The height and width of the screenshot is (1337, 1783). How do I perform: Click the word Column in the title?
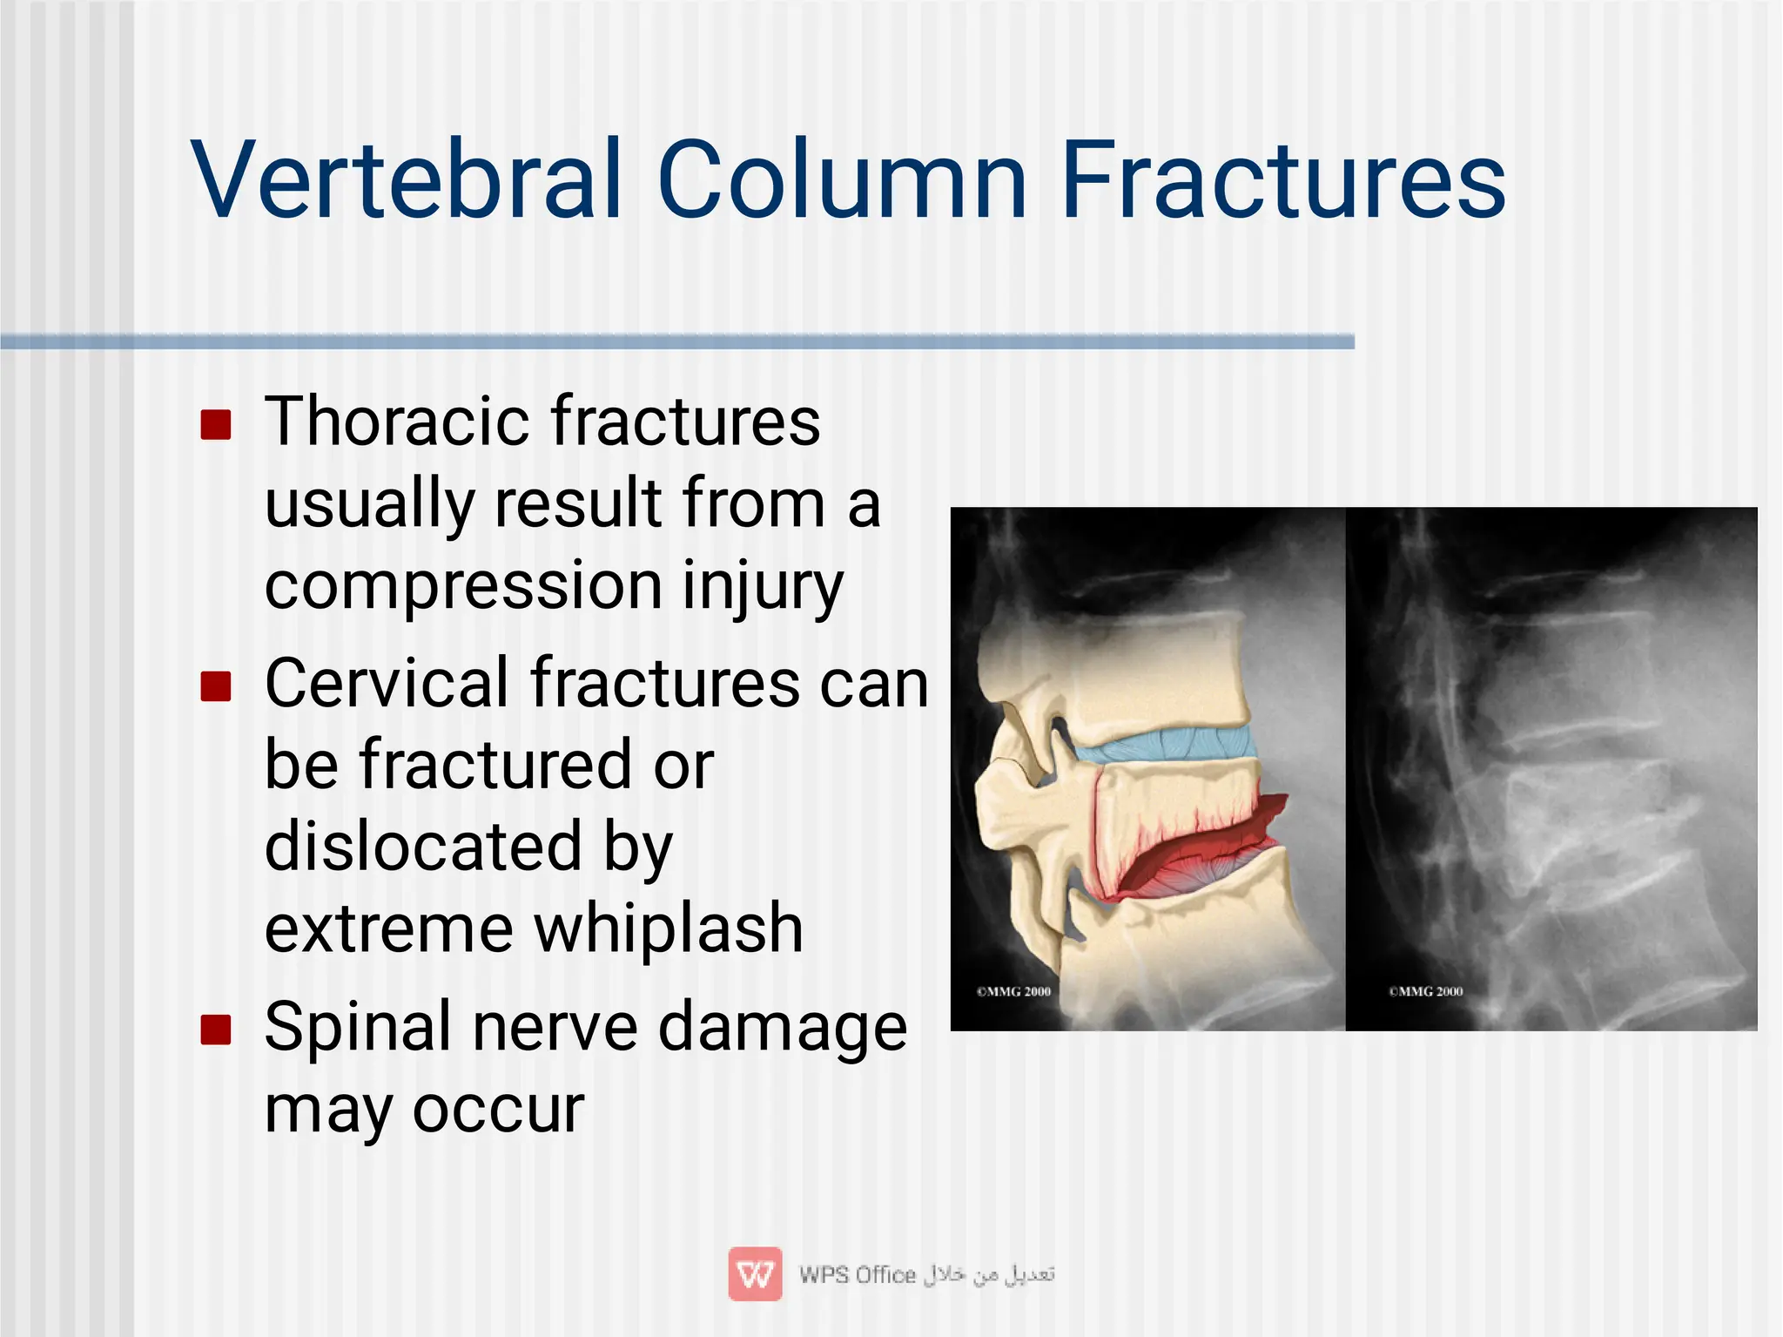[842, 180]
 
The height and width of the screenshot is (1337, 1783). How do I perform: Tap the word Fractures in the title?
[1283, 180]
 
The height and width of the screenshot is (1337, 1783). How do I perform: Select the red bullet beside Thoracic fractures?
[215, 425]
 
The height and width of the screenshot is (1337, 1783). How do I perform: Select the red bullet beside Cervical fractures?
[215, 686]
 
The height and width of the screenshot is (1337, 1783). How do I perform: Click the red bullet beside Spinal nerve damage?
[215, 1030]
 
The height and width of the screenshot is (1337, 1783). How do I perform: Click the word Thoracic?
[396, 422]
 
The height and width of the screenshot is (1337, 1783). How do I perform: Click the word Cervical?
[387, 683]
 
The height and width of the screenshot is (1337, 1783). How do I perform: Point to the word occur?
[498, 1110]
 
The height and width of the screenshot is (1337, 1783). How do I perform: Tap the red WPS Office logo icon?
[755, 1273]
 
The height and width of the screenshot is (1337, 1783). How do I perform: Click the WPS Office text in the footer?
[858, 1274]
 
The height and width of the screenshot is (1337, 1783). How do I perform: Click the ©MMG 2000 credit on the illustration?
[1013, 991]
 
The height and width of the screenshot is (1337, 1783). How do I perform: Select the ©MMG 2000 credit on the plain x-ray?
[1426, 991]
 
